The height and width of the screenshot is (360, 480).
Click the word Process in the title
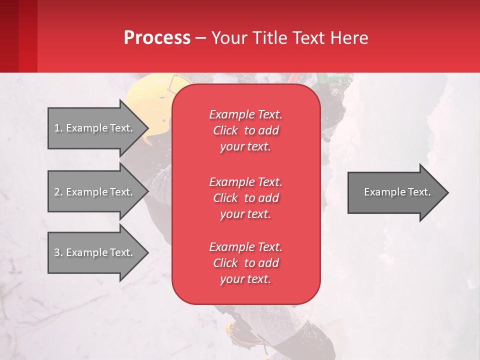tap(157, 37)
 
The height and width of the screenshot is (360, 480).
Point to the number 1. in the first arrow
tap(58, 128)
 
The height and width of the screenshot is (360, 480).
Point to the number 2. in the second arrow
tap(58, 192)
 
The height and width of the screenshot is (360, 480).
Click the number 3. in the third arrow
tap(58, 252)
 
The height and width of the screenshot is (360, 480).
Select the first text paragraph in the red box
tap(245, 130)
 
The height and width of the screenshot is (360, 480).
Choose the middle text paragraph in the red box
tap(245, 197)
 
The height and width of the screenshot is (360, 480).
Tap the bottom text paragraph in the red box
tap(245, 263)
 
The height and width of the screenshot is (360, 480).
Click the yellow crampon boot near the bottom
tap(235, 332)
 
